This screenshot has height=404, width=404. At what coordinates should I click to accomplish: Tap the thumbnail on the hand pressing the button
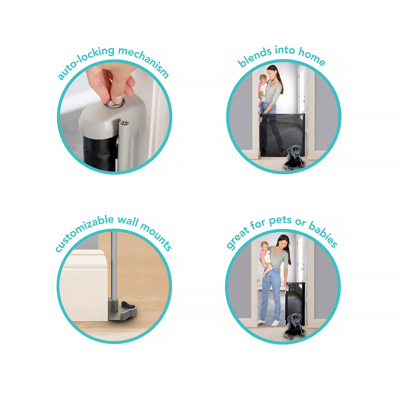coord(118,99)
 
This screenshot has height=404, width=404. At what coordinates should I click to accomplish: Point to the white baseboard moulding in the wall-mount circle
coord(84,285)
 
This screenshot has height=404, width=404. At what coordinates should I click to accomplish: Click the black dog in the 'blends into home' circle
coord(294,158)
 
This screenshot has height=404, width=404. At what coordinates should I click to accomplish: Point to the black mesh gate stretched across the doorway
coord(282,135)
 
